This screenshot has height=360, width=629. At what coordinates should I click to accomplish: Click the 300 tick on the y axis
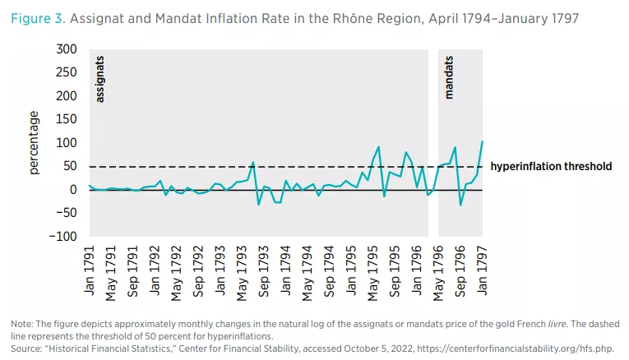click(67, 50)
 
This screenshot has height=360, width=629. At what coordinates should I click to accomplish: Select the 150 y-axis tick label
click(67, 120)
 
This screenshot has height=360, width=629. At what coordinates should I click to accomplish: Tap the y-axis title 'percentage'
click(35, 144)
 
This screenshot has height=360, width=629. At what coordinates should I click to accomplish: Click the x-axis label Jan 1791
click(89, 265)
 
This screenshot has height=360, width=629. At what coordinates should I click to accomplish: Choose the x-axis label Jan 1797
click(483, 265)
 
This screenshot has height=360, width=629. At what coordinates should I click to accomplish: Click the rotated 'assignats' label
click(100, 79)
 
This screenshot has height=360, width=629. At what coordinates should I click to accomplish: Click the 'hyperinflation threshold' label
click(551, 167)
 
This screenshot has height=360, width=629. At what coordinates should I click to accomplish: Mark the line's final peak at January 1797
click(482, 142)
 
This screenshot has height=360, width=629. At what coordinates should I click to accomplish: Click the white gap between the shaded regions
click(432, 123)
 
